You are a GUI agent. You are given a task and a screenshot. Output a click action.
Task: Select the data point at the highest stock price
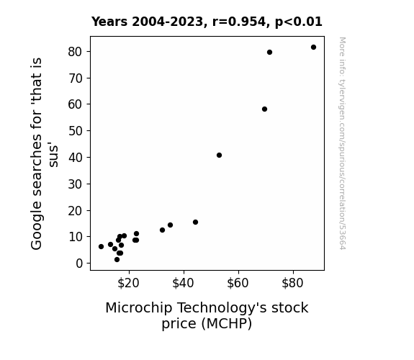tap(313, 48)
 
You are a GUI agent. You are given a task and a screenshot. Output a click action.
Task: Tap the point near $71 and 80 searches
tap(269, 53)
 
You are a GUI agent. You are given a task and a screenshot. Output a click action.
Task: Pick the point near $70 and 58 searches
tap(264, 109)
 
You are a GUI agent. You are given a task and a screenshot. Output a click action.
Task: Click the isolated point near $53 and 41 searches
tap(219, 156)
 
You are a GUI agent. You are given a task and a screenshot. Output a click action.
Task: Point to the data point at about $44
tap(195, 222)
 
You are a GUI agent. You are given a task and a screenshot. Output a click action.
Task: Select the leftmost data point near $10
tap(101, 246)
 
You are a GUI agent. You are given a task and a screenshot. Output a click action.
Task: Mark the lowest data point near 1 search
tap(117, 260)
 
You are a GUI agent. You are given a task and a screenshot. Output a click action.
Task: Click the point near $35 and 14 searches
tap(171, 225)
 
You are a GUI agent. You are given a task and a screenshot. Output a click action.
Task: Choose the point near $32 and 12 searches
tap(163, 230)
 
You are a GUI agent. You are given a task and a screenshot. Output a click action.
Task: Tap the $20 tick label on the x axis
tap(129, 283)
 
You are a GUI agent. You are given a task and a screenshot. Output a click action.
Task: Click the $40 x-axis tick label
tap(183, 283)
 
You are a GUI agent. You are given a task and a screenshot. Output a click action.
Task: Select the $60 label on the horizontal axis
tap(238, 283)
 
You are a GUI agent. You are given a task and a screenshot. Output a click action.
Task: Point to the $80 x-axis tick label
tap(292, 283)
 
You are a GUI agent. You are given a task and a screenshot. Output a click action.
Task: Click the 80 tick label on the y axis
tap(76, 52)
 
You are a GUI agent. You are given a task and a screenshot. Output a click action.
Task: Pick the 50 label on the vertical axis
tap(76, 131)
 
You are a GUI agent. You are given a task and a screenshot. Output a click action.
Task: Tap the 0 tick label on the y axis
tap(79, 264)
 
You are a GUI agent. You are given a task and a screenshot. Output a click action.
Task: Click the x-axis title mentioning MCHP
tap(207, 315)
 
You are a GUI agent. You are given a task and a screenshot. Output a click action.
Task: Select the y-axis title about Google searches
tap(44, 153)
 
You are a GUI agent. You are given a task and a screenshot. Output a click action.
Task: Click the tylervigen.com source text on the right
tap(342, 143)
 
